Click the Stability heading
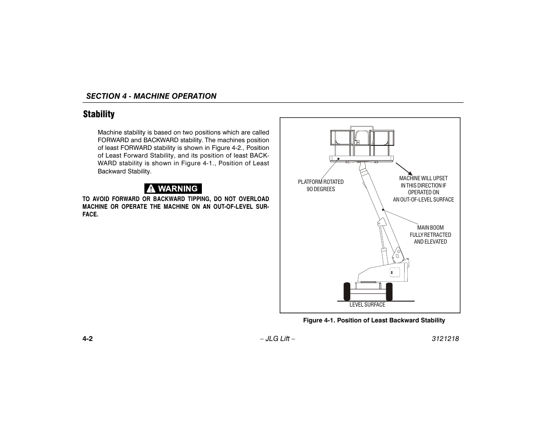click(x=99, y=114)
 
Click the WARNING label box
click(x=173, y=188)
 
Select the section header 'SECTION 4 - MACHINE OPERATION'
click(x=151, y=96)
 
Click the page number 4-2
click(x=88, y=339)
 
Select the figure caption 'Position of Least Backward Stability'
click(x=374, y=321)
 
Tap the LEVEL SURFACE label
click(x=367, y=305)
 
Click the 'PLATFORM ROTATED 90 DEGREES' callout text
click(x=320, y=186)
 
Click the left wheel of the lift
click(x=347, y=292)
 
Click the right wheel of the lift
click(x=389, y=292)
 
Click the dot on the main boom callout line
click(x=383, y=210)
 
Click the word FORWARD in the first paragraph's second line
click(x=113, y=140)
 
